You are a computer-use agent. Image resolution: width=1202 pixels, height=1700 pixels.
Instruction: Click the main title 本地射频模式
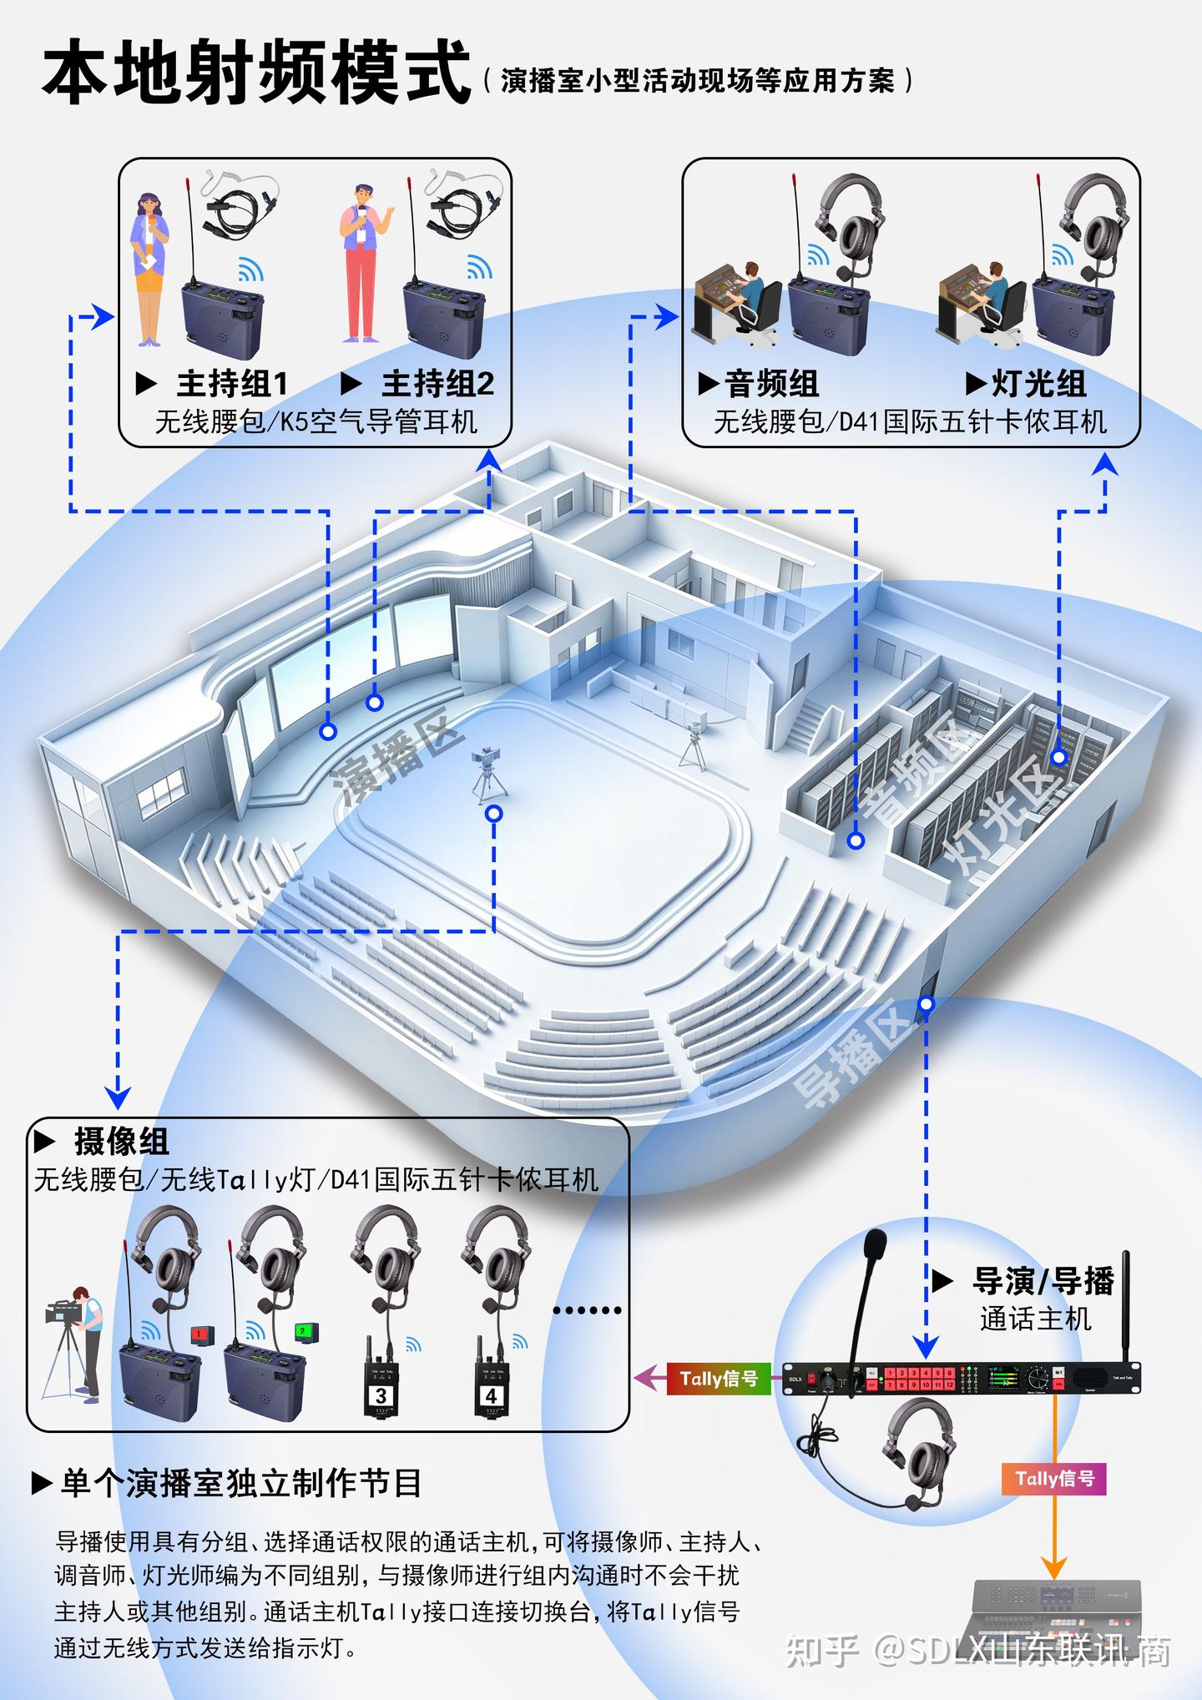coord(256,73)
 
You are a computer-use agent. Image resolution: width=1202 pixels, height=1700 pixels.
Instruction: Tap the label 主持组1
coord(232,384)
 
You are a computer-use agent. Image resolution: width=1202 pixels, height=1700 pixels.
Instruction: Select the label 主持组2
coord(437,384)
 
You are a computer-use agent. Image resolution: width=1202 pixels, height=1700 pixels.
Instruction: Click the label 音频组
coord(771,384)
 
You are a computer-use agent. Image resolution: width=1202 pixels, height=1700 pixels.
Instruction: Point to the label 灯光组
coord(1038,384)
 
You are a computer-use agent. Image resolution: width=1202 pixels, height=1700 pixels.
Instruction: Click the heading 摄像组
coord(121,1141)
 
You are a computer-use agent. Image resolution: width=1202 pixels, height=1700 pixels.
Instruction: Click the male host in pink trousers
coord(362,263)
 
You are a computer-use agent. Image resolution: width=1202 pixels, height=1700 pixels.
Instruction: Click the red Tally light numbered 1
coord(201,1334)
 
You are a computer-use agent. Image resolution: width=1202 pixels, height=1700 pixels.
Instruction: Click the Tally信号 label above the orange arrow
coord(1054,1479)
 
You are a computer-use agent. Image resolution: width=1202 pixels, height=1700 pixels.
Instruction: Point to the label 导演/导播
coord(1043,1281)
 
